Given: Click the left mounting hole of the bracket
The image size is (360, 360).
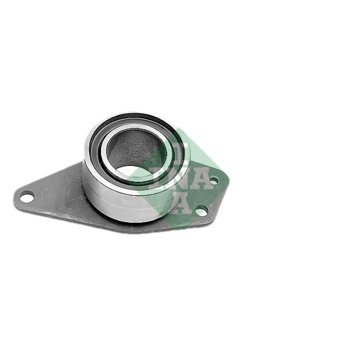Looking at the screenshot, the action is (x=27, y=198).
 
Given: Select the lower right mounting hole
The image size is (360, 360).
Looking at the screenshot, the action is (x=201, y=211).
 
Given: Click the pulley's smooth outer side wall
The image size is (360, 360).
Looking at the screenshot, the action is (x=121, y=202).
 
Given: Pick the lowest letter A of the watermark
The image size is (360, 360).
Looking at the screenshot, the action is (x=181, y=203).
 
